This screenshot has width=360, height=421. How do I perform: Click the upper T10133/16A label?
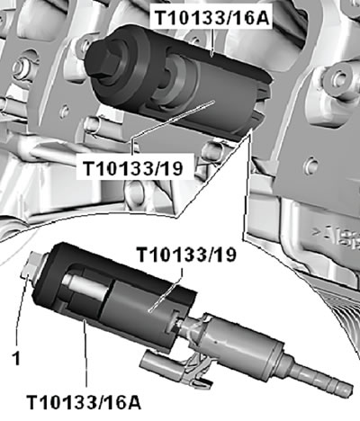click(212, 17)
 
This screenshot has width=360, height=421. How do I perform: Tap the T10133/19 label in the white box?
click(132, 167)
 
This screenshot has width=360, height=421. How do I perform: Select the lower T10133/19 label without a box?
click(187, 255)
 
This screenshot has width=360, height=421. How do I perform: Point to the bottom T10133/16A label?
click(84, 401)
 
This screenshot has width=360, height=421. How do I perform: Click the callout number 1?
click(16, 358)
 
